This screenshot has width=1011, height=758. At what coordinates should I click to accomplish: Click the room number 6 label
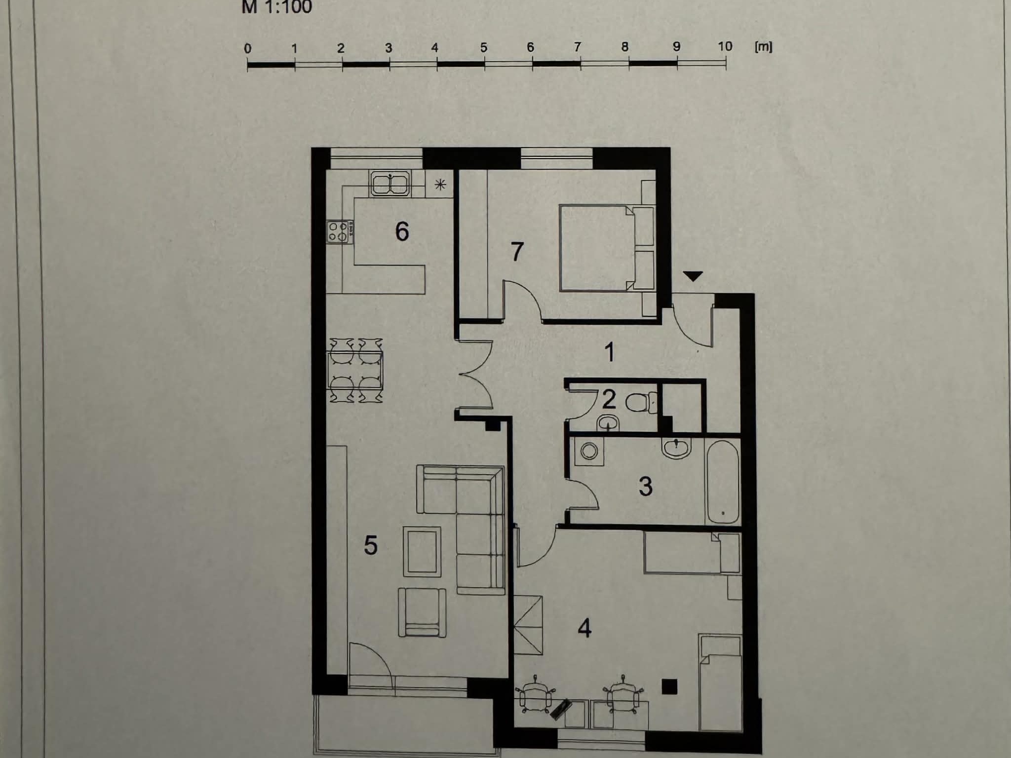pos(402,231)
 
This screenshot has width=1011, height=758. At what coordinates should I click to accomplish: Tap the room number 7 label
pos(517,252)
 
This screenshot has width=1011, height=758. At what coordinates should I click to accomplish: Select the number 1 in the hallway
pos(610,352)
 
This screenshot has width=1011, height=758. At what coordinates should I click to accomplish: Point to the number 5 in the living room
pos(370,545)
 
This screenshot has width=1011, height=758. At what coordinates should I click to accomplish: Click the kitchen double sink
pos(390,183)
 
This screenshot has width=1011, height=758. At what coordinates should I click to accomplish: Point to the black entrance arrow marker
pos(694,276)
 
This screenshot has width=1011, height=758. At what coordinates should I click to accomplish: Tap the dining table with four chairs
pos(355,370)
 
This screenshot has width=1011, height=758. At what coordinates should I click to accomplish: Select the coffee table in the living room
pos(422,551)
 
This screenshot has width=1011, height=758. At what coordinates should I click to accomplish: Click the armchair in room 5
pos(422,612)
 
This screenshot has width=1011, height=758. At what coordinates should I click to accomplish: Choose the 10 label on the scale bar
pos(725,46)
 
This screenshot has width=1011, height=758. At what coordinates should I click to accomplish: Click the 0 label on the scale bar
pos(248,48)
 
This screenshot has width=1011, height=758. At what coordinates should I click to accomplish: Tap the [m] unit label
pos(763,47)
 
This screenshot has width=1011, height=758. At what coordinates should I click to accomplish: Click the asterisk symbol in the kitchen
pos(440,185)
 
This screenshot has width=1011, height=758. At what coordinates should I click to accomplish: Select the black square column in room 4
pos(669,686)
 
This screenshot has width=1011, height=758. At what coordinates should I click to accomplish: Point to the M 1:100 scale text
pos(277,7)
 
